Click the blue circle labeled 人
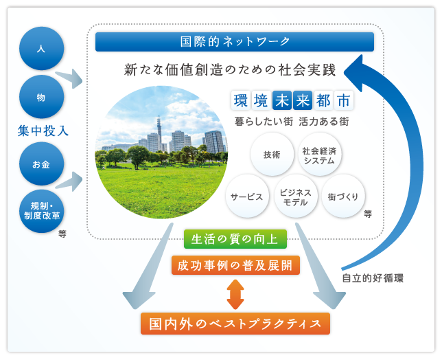(x=41, y=48)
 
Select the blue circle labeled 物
(x=41, y=97)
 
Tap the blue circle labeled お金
(x=41, y=164)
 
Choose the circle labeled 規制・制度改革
(x=41, y=212)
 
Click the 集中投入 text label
(x=43, y=131)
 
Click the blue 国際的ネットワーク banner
(x=235, y=42)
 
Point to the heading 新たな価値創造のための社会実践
(x=230, y=69)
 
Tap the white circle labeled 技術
(x=272, y=155)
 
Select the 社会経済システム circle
(x=319, y=155)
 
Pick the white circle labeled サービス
(x=247, y=196)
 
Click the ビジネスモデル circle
(x=296, y=196)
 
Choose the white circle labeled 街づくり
(x=343, y=196)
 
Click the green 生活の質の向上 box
(x=235, y=239)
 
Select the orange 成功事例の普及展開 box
(x=235, y=265)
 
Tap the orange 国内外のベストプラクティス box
(x=235, y=324)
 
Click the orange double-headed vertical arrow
(x=235, y=294)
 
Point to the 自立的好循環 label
(x=373, y=278)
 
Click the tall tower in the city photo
(x=159, y=132)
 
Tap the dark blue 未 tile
(x=282, y=100)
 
